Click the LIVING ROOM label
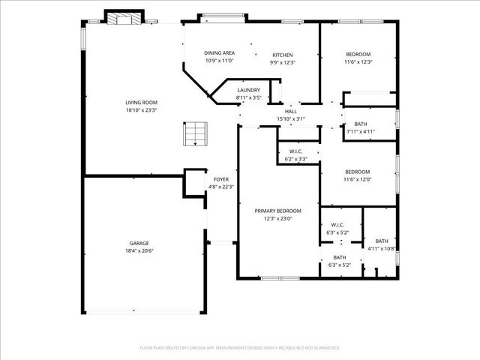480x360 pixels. point(141,103)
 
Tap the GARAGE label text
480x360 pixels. point(139,243)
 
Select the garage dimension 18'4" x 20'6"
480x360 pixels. point(139,251)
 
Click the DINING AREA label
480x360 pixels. point(220,52)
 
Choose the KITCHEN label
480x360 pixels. point(282,55)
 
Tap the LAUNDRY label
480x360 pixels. point(248,90)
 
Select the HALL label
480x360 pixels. point(291,111)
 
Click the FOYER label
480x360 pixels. point(221,179)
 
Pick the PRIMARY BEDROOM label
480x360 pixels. point(277,211)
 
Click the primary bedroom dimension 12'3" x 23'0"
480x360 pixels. point(277,219)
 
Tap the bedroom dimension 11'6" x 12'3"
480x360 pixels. point(358,62)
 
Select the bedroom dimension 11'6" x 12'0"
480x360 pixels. point(358,179)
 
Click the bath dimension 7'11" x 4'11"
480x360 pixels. point(360,133)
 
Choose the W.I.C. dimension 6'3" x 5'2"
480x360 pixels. point(337,232)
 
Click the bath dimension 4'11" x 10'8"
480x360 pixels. point(382,248)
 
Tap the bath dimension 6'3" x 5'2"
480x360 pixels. point(340,265)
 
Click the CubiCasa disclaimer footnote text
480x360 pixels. point(240,347)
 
